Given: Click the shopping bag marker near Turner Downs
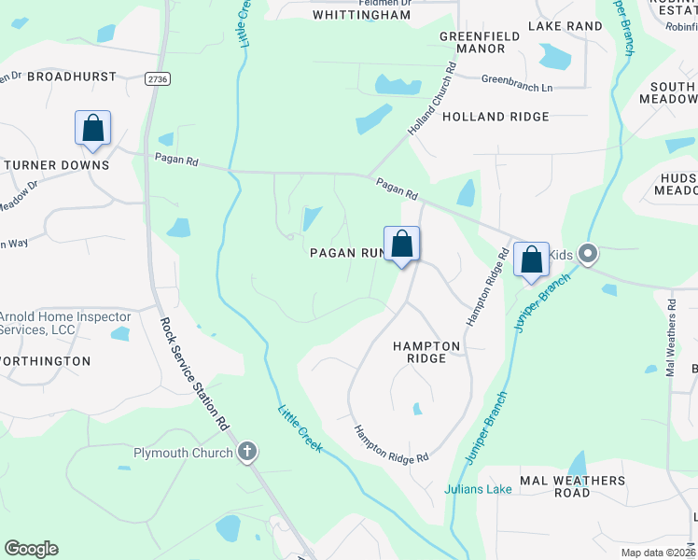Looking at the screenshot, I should pyautogui.click(x=93, y=129).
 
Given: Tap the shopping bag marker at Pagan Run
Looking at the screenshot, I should pyautogui.click(x=401, y=245).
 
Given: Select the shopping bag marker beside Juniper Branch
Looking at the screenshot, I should pyautogui.click(x=531, y=259).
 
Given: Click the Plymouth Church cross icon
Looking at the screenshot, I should pyautogui.click(x=247, y=453).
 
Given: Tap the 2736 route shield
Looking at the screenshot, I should pyautogui.click(x=158, y=80).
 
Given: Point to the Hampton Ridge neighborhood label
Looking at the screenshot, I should pyautogui.click(x=426, y=352).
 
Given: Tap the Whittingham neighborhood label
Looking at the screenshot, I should pyautogui.click(x=361, y=15).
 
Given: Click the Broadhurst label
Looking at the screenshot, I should pyautogui.click(x=72, y=77).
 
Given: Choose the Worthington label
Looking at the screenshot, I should pyautogui.click(x=47, y=360).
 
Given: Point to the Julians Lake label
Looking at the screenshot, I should pyautogui.click(x=478, y=489).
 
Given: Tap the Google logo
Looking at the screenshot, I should pyautogui.click(x=31, y=549).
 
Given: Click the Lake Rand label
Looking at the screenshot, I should pyautogui.click(x=565, y=26).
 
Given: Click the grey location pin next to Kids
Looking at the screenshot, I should pyautogui.click(x=587, y=253).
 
